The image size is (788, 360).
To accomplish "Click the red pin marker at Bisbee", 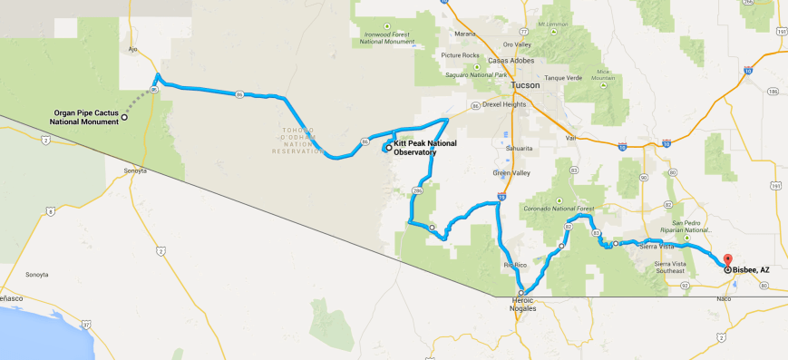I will [728, 260].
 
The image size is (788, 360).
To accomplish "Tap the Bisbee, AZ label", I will [752, 269].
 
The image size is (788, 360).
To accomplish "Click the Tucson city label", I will [525, 85].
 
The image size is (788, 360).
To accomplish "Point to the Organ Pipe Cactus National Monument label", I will [86, 117].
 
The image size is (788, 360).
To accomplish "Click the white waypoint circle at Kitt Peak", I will [388, 148].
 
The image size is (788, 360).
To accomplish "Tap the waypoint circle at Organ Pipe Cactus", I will [124, 116].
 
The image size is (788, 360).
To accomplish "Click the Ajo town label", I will [132, 50].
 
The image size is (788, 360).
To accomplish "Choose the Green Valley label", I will [509, 172].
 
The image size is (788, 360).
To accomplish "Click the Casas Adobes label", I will [511, 61].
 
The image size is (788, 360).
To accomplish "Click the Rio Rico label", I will [514, 265].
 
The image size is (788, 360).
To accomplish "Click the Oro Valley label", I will [517, 44].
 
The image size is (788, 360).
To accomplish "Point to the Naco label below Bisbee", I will [725, 297].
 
